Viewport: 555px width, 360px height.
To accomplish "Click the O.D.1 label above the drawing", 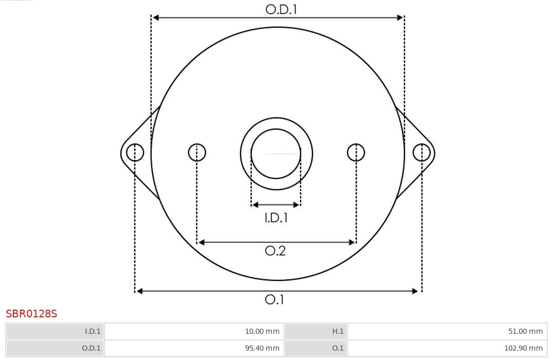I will [281, 9].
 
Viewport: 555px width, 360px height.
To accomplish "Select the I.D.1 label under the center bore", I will [276, 218].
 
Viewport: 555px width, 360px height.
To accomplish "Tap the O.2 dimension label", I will [275, 251].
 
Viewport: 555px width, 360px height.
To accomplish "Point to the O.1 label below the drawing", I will [274, 299].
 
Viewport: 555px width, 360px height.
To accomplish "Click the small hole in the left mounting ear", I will [135, 153].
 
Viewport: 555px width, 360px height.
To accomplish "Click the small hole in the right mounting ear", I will [421, 153].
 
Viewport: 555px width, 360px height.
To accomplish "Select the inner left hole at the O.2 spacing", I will [197, 153].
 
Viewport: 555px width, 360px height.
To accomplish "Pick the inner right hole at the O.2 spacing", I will [356, 153].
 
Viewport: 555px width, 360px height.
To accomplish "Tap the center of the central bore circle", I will [276, 154].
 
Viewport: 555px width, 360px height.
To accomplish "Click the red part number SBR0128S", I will [31, 314].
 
